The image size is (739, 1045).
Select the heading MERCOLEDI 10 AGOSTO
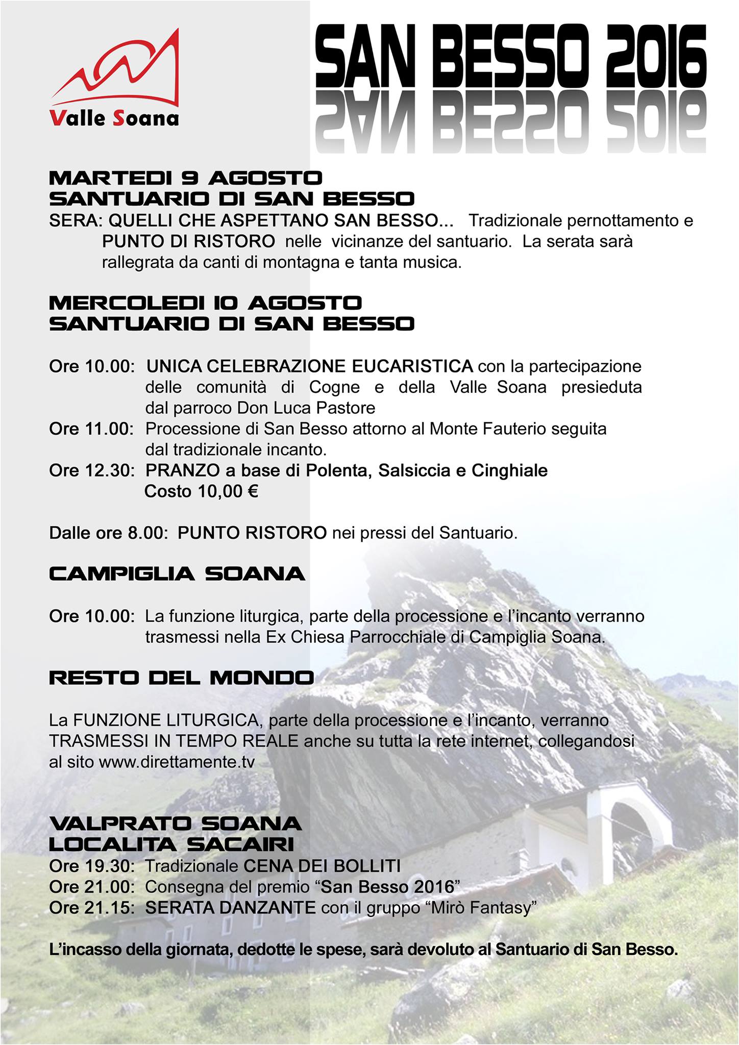(205, 303)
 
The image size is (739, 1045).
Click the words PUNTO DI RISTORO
(188, 241)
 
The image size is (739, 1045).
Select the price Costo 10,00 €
(202, 491)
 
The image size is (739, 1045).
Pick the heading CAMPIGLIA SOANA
(177, 574)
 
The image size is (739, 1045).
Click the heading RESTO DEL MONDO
(182, 678)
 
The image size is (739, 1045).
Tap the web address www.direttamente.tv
(177, 762)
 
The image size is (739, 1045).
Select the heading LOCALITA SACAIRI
(171, 845)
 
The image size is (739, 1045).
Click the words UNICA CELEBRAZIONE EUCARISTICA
(310, 366)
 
